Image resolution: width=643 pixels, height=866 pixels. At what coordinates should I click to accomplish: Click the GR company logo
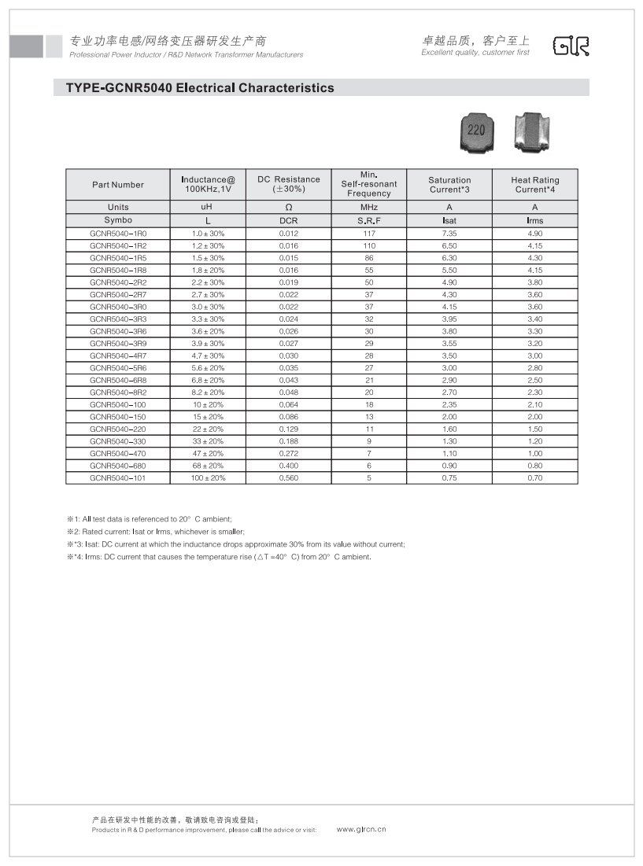point(571,46)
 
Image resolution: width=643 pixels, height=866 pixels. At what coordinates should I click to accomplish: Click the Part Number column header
point(118,185)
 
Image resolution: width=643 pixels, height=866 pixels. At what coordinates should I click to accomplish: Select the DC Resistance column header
point(289,184)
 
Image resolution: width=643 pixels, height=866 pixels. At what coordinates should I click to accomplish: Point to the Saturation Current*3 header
point(449,185)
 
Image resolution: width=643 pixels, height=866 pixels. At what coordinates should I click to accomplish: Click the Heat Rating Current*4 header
point(535,185)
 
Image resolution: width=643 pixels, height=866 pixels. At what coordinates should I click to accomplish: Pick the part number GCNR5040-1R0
point(118,234)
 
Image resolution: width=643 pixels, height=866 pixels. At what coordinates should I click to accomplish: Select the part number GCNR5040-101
point(118,477)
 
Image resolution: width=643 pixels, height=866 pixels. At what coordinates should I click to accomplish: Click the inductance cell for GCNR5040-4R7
point(209,356)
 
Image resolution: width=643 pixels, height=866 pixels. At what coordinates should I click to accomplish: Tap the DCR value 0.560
point(289,477)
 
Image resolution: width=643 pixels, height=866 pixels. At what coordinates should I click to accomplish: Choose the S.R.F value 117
point(369,234)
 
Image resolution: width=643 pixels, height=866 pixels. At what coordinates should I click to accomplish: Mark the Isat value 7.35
point(449,234)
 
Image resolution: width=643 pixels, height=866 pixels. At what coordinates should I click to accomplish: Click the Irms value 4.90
point(535,234)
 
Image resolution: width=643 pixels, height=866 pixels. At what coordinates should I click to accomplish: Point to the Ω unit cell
point(289,207)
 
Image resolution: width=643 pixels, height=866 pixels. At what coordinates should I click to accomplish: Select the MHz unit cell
point(369,207)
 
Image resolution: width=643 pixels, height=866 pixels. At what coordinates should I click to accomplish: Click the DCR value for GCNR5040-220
point(289,429)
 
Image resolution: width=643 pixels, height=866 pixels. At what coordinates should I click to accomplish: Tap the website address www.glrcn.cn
point(361,829)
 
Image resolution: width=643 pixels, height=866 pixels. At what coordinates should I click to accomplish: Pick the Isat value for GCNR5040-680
point(449,466)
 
